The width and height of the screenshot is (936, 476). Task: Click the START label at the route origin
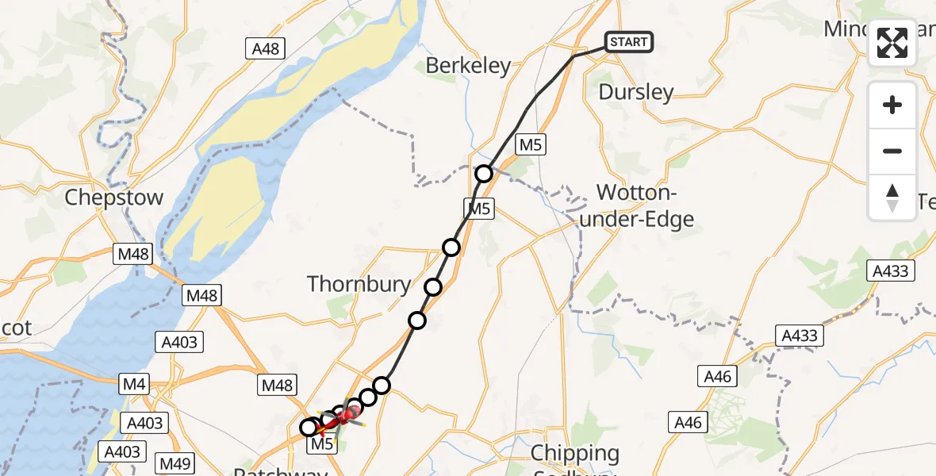click(x=629, y=41)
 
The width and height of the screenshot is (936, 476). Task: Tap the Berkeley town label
click(x=468, y=66)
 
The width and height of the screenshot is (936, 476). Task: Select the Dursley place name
click(x=636, y=92)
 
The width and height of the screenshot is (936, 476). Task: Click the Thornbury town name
click(x=359, y=284)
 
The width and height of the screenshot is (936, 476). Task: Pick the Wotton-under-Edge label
click(x=637, y=205)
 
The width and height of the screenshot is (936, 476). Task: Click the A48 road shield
click(x=265, y=49)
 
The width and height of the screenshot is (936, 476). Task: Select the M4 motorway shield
click(x=132, y=385)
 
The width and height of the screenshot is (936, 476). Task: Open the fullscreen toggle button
click(x=892, y=43)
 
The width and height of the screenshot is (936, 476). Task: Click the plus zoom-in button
click(x=892, y=105)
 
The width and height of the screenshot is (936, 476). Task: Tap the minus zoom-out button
click(x=892, y=151)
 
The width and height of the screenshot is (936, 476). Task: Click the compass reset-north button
click(x=892, y=197)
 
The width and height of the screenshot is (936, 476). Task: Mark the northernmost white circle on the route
click(x=484, y=174)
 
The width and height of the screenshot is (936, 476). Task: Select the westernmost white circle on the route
click(x=309, y=428)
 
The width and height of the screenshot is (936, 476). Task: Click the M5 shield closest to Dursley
click(x=530, y=144)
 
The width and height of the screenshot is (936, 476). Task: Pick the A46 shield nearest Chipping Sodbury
click(x=688, y=422)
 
